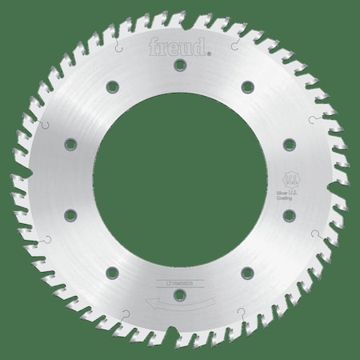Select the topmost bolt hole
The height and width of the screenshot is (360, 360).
click(180, 63)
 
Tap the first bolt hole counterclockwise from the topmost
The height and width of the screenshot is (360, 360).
click(112, 85)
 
